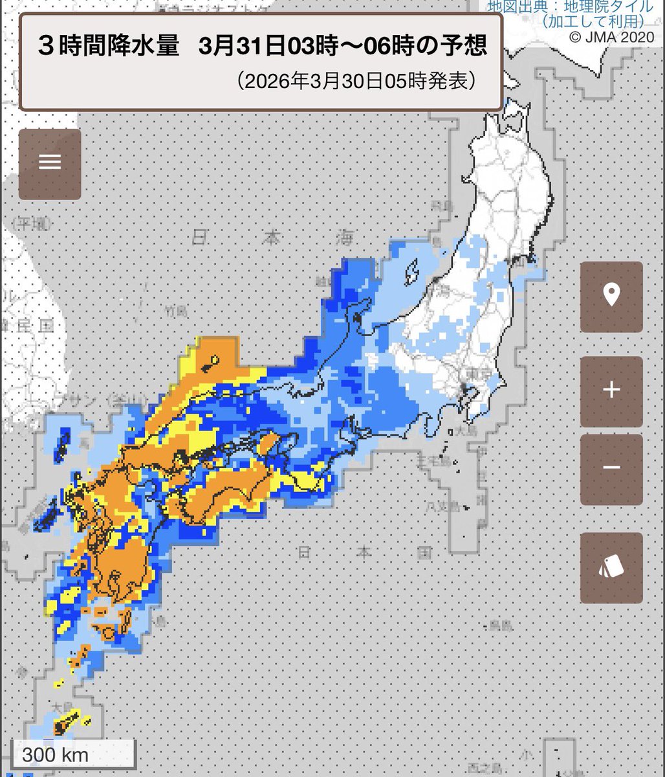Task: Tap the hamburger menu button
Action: pyautogui.click(x=50, y=161)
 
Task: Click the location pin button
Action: pyautogui.click(x=611, y=297)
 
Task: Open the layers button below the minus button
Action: pyautogui.click(x=611, y=568)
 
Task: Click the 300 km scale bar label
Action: pyautogui.click(x=56, y=754)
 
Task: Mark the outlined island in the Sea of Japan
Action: pyautogui.click(x=411, y=273)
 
